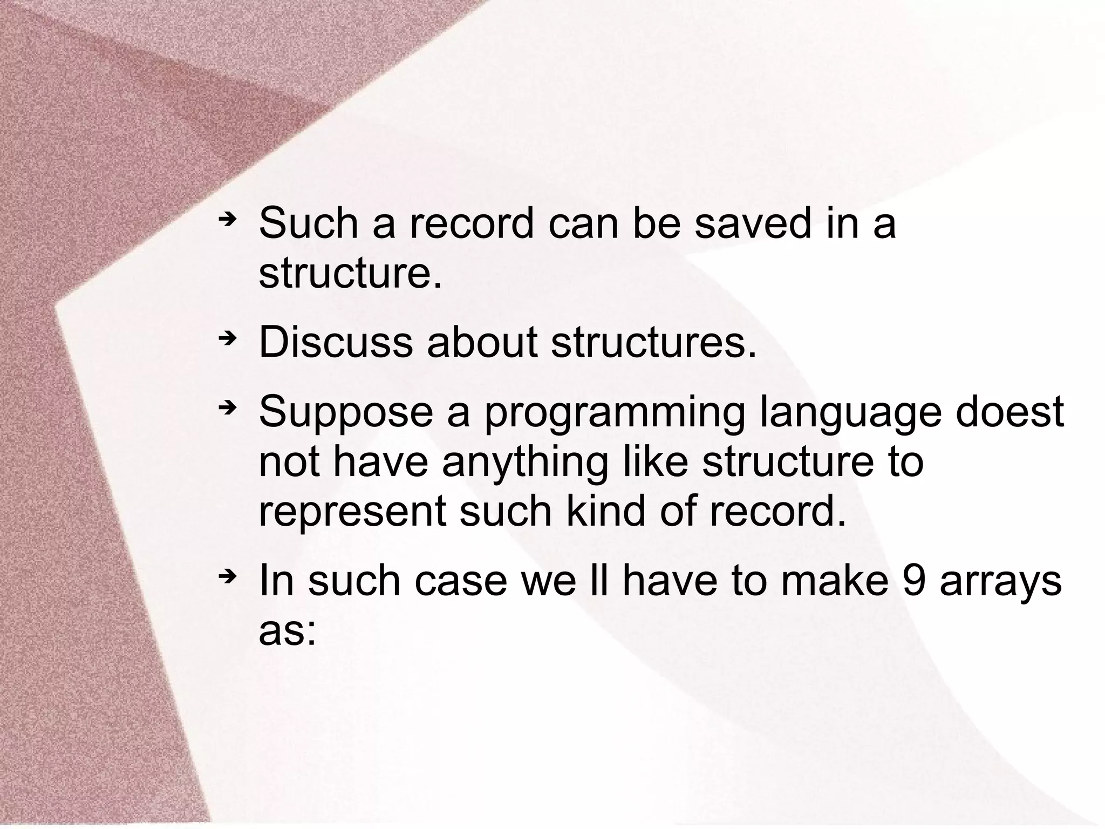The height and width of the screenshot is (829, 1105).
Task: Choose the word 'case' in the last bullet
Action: click(x=461, y=581)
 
